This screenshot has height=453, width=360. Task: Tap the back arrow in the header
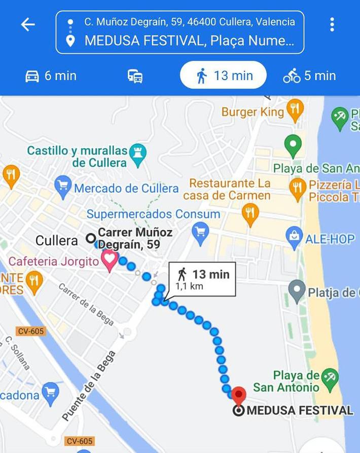pos(28,25)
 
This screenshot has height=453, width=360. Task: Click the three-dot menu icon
pos(332,24)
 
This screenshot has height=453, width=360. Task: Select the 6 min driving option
pos(51,76)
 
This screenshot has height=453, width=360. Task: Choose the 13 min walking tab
pos(223,75)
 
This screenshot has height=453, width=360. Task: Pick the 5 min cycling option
pos(309,76)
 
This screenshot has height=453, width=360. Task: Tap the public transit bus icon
pos(135,77)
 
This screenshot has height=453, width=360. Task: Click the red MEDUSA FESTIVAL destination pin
pos(239,395)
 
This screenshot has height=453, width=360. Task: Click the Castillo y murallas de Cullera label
pos(77,157)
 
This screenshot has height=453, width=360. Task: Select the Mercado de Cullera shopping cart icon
pos(63,188)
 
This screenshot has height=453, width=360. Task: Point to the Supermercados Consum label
pos(153,214)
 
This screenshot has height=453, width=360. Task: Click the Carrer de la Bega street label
pos(86,304)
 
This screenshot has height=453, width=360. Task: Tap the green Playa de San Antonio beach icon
pos(330,378)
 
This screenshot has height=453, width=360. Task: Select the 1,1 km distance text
pos(189,286)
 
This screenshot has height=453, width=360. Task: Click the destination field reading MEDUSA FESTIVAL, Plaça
pos(189,41)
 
